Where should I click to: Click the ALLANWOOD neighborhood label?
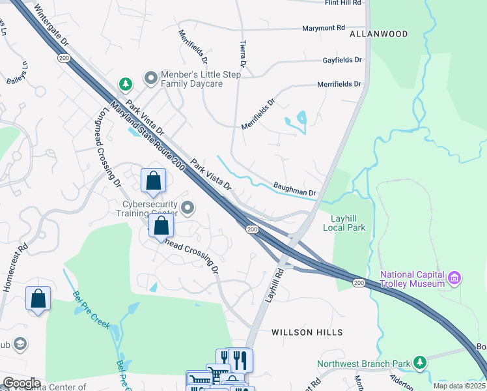pos(378,34)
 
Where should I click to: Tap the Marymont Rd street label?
pos(323,29)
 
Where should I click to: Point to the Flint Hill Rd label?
pos(342,3)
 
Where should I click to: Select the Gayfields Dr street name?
pos(342,60)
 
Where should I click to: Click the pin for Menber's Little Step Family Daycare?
pos(152,79)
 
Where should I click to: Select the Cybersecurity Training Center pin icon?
pos(188,208)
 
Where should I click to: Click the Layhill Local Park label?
pos(344,222)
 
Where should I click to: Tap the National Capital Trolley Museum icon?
pos(454,279)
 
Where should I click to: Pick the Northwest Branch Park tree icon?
pos(421,361)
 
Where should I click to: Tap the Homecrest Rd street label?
pos(14,267)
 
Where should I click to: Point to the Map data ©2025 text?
pos(459,386)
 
